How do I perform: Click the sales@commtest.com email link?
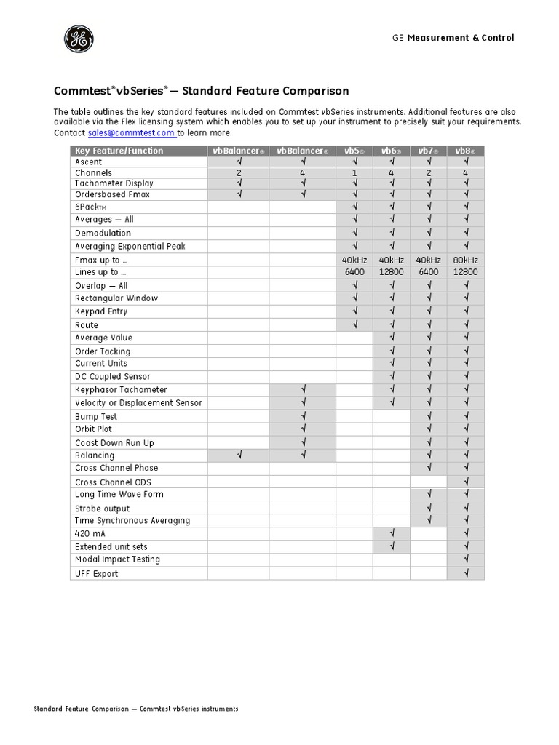click(131, 133)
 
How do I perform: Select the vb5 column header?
click(354, 151)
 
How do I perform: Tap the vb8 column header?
click(465, 151)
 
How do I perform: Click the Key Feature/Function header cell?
click(119, 151)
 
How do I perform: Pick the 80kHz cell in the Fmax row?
click(465, 260)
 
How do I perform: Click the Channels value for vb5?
click(354, 173)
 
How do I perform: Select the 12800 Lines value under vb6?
click(392, 271)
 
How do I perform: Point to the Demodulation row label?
click(103, 233)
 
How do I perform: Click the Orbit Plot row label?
click(93, 429)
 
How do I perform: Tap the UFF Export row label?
click(96, 573)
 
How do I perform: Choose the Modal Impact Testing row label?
click(117, 559)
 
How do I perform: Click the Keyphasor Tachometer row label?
click(121, 390)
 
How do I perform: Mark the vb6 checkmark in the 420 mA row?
click(392, 533)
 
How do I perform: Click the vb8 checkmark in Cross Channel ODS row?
click(465, 482)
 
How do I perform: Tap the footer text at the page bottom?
click(136, 709)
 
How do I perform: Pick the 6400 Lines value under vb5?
click(354, 271)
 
